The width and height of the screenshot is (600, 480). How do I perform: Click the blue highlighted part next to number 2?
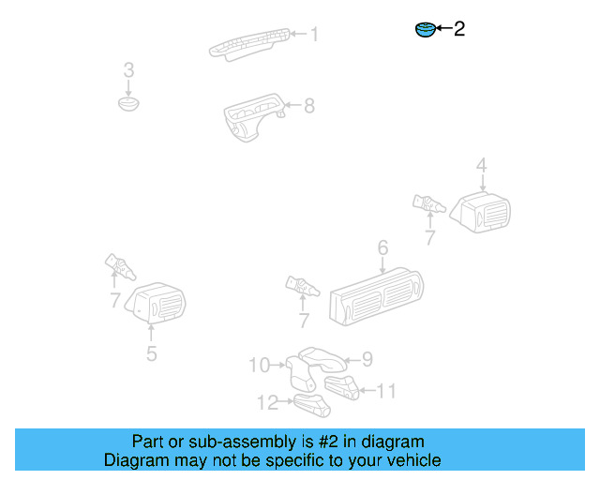[x=426, y=30]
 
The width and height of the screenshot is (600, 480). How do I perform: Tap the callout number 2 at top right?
[x=459, y=30]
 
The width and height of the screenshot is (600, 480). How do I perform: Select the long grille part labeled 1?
[x=249, y=43]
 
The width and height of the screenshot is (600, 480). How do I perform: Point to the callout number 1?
[x=314, y=35]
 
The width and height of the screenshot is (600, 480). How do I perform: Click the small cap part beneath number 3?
[x=128, y=102]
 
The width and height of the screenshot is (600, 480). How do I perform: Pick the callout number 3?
[x=128, y=70]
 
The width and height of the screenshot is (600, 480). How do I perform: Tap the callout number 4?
[x=481, y=167]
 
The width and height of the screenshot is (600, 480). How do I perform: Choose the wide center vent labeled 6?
[x=375, y=296]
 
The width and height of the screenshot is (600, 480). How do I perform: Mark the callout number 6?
[x=382, y=248]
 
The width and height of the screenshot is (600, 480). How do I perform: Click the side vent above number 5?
[x=157, y=305]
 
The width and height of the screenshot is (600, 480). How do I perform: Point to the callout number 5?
[x=151, y=353]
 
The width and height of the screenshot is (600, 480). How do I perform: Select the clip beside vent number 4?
[x=428, y=202]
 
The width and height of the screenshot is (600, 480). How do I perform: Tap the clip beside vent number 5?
[x=120, y=268]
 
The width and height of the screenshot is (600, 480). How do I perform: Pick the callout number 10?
[x=259, y=365]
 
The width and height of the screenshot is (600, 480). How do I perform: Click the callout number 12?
[x=268, y=402]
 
